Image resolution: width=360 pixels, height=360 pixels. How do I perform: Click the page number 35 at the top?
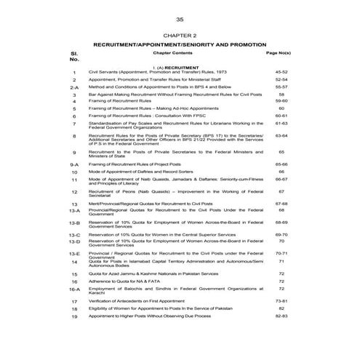(x=180, y=19)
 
